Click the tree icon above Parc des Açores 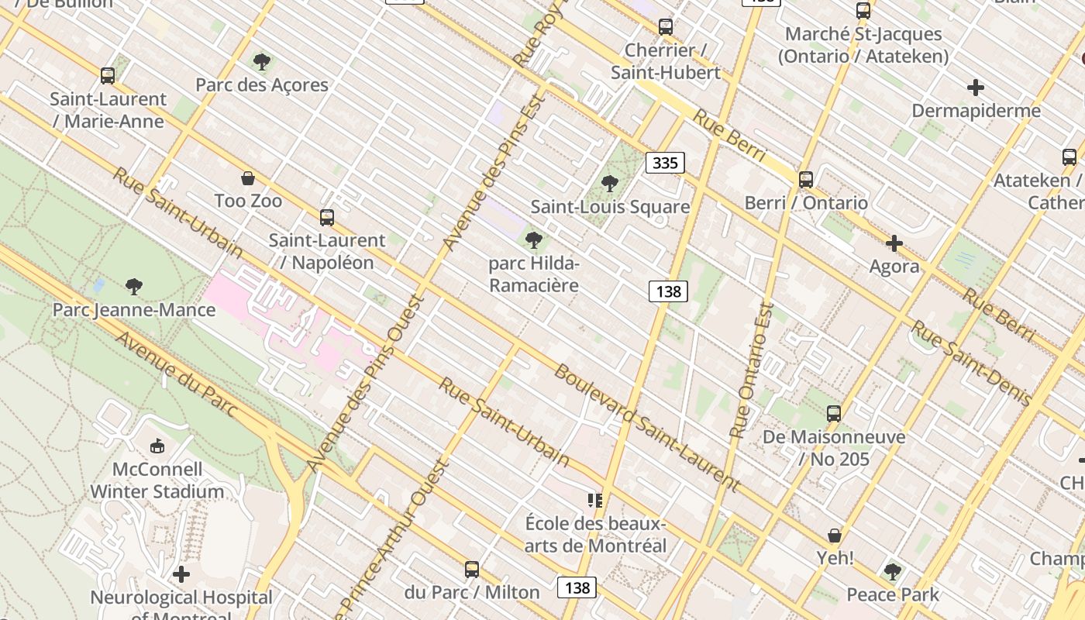click(262, 61)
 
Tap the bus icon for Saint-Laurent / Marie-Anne click(108, 76)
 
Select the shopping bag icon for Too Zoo click(248, 178)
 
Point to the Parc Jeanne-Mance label click(134, 310)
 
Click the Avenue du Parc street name click(177, 374)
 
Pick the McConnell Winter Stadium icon click(157, 446)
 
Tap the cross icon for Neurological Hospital click(181, 574)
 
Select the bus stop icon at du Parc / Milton click(472, 570)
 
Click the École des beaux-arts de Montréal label click(595, 535)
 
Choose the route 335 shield click(666, 163)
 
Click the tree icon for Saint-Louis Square click(610, 184)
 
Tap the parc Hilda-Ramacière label click(534, 274)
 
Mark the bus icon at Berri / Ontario click(806, 180)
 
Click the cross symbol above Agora click(894, 243)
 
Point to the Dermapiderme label click(976, 111)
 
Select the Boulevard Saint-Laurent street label click(646, 428)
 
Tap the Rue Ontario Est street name click(751, 370)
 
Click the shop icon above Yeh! click(835, 536)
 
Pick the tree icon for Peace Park click(893, 572)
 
